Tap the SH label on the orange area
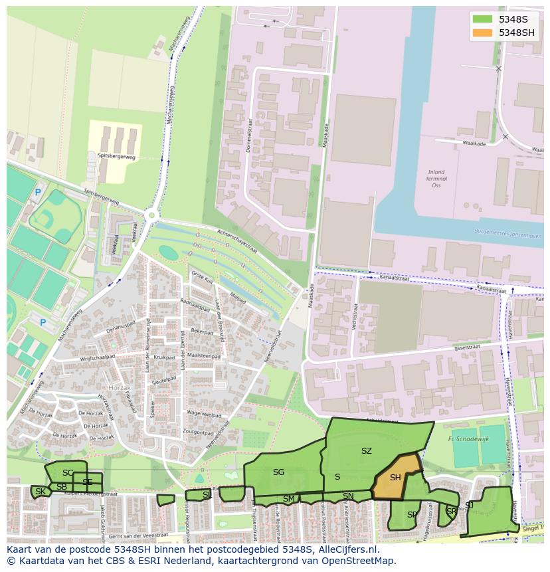tap(395, 478)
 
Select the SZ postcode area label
tap(366, 451)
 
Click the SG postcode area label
tap(278, 472)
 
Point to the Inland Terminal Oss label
tap(436, 179)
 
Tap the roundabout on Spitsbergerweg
tap(152, 215)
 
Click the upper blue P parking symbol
tap(37, 193)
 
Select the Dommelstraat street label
tap(249, 137)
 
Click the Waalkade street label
tap(474, 143)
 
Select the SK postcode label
tap(41, 492)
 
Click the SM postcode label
tap(288, 498)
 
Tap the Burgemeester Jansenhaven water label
tap(508, 235)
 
